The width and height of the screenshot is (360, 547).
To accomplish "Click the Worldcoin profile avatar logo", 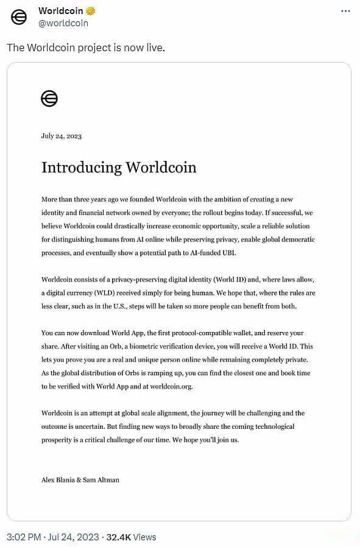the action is click(x=19, y=18).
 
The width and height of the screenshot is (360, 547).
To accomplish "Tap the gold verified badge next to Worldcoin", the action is click(x=90, y=11).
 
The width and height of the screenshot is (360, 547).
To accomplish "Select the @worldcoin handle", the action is click(x=63, y=23).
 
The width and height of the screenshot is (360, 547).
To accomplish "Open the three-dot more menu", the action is click(x=345, y=11).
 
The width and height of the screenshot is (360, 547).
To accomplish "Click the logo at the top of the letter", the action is click(x=49, y=98).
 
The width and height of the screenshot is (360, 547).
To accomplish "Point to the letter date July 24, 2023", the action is click(x=62, y=136).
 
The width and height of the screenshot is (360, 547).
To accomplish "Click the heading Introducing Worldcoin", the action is click(x=119, y=168).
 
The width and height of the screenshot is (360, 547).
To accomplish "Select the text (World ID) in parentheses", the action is click(x=228, y=279).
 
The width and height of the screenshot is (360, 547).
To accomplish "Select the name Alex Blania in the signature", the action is click(x=57, y=479).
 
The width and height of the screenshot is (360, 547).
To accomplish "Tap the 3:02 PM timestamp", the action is click(x=23, y=537).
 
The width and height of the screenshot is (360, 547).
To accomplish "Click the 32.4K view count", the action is click(x=119, y=537).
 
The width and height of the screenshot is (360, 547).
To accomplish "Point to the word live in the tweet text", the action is click(x=155, y=48).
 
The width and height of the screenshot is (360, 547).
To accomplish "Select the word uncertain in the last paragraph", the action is click(x=92, y=426).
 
